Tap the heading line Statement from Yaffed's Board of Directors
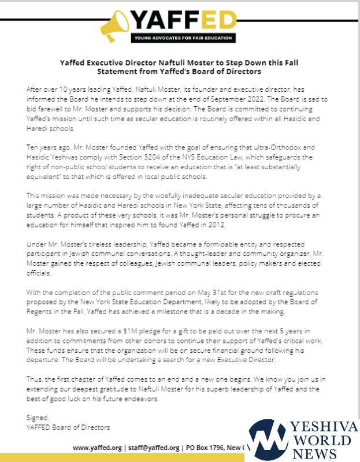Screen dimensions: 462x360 180,71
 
